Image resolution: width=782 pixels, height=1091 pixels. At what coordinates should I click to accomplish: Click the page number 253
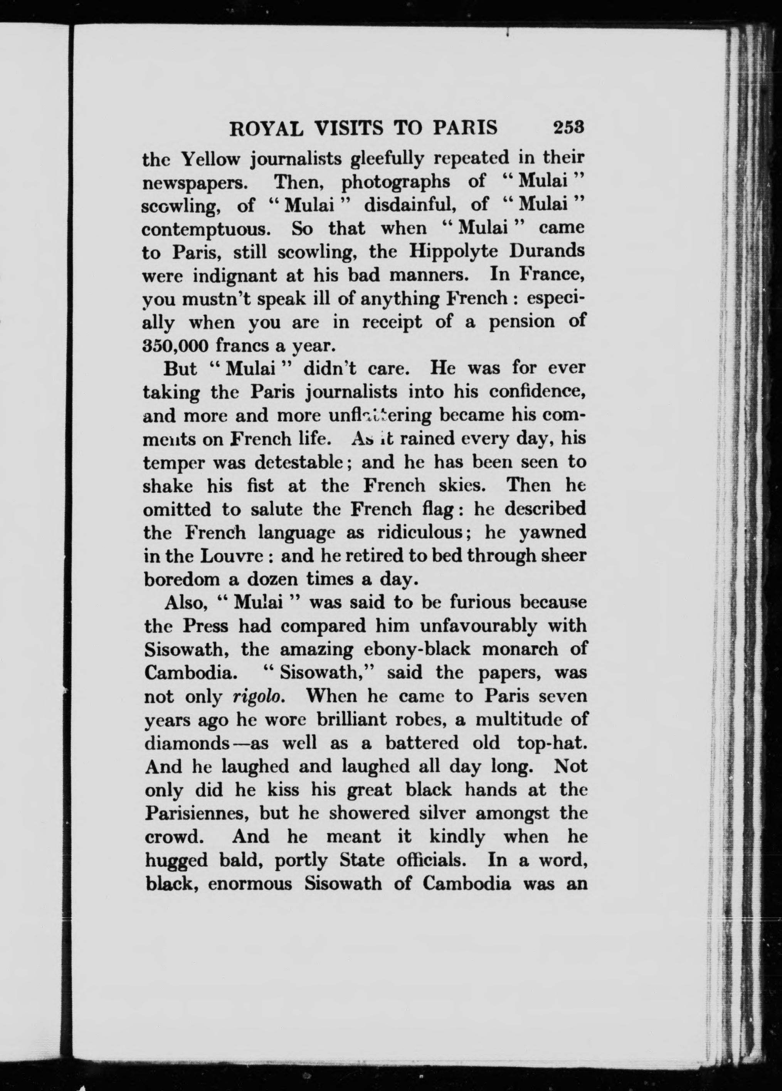[568, 128]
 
